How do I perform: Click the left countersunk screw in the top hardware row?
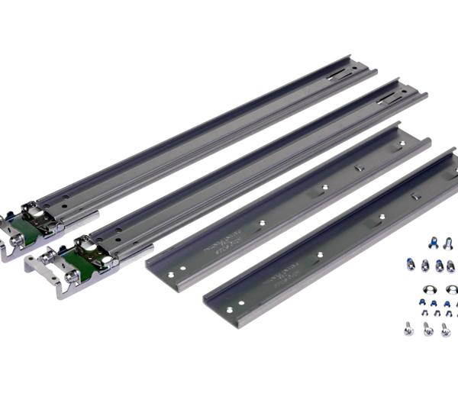[432, 243]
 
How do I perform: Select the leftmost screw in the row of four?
[411, 266]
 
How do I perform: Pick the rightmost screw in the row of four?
[450, 266]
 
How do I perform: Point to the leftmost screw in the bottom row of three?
[408, 328]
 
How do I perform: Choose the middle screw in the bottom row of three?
[427, 329]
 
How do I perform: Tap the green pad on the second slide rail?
[76, 259]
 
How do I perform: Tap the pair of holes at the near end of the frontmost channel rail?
[237, 306]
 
